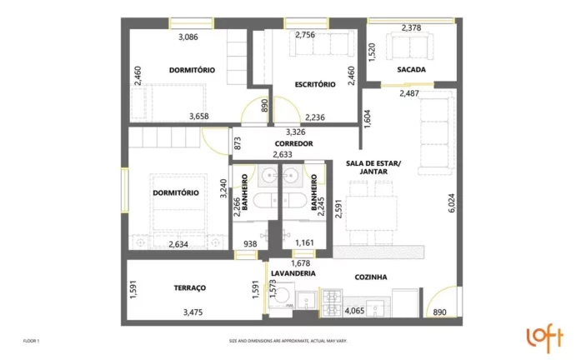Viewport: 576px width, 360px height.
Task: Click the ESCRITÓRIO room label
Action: (315, 84)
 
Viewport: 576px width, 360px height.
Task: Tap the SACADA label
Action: (412, 70)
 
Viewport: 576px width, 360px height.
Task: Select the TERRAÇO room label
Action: (190, 287)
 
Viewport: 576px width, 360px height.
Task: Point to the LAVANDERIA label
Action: (293, 272)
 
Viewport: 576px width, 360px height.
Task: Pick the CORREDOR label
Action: (293, 143)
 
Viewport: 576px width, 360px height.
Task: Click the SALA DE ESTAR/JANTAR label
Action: (373, 167)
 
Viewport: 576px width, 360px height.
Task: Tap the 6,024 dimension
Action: (452, 202)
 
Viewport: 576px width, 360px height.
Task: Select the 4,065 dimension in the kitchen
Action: (355, 312)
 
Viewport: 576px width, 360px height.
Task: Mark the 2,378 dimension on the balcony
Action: (412, 27)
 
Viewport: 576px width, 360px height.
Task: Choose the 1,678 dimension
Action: (301, 262)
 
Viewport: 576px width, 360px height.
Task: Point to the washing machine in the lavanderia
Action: (284, 299)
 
